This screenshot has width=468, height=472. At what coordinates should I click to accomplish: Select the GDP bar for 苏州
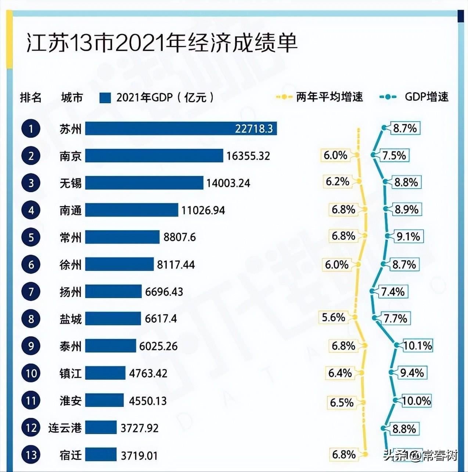tap(181, 129)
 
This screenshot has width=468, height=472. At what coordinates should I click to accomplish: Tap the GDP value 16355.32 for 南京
tap(248, 156)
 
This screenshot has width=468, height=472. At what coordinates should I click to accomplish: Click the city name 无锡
tap(71, 183)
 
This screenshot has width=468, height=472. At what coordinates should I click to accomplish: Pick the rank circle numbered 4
tap(31, 210)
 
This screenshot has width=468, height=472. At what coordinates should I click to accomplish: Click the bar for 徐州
tap(119, 264)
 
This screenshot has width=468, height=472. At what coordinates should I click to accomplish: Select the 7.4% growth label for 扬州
tap(393, 292)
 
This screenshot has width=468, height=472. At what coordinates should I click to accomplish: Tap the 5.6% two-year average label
tap(334, 317)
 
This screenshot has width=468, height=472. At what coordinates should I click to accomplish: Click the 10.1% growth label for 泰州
tap(417, 346)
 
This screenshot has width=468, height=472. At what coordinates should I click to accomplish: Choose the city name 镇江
tap(71, 373)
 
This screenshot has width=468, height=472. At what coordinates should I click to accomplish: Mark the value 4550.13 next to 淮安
tap(148, 401)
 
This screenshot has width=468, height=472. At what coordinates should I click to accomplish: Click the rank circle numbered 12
tap(31, 428)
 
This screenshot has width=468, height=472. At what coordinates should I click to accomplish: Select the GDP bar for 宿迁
tap(101, 455)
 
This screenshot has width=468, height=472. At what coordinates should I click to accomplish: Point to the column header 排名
tap(31, 98)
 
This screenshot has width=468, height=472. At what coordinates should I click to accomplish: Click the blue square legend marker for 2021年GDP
tap(105, 98)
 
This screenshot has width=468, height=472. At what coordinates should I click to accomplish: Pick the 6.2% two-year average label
tap(337, 182)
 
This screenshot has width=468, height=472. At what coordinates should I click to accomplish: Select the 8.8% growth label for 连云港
tap(404, 429)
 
